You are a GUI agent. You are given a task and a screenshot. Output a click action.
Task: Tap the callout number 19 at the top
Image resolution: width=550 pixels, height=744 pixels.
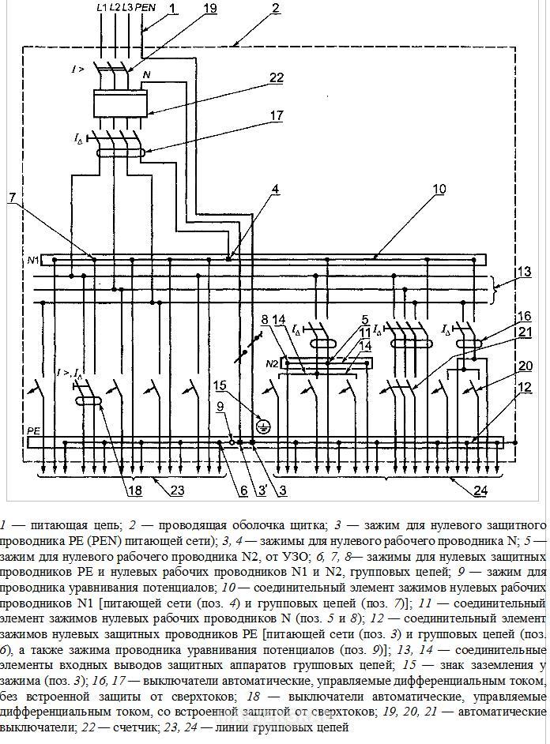tap(209, 8)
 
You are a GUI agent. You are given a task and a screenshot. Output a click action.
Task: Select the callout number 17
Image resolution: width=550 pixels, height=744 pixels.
tap(277, 115)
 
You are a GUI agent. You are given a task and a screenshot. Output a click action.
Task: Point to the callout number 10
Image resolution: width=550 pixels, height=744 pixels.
tap(439, 189)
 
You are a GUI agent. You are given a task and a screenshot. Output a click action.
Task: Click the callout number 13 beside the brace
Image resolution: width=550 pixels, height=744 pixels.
tap(525, 272)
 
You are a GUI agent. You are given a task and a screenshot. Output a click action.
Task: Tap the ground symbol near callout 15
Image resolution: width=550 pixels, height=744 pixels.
tap(262, 428)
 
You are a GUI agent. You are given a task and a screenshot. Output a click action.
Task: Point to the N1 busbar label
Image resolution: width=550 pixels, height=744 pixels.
tap(33, 260)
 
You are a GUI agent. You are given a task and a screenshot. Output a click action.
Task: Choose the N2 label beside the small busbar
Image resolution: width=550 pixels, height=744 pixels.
tap(272, 364)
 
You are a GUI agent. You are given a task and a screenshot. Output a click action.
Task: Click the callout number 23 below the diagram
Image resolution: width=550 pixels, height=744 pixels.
tap(176, 490)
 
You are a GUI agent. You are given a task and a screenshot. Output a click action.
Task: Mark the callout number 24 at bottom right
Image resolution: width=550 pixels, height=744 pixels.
tap(480, 490)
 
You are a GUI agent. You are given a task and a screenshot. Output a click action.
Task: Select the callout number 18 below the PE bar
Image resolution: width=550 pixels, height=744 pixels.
tap(135, 490)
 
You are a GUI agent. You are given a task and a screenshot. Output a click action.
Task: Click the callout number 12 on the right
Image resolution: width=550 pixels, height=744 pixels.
tap(525, 388)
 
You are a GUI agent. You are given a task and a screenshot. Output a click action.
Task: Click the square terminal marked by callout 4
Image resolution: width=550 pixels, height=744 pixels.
tap(228, 259)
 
